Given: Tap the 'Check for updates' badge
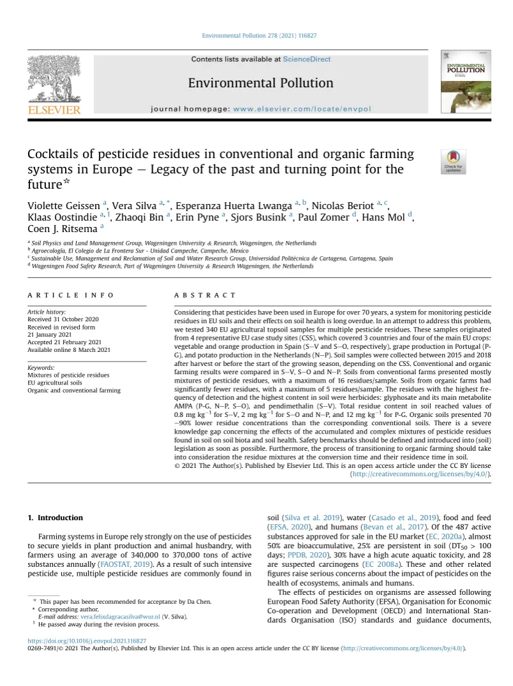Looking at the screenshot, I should click(x=452, y=161).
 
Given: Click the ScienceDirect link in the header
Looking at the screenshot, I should click(x=307, y=59).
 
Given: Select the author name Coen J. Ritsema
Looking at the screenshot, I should click(x=61, y=228).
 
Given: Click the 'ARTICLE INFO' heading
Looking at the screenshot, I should click(x=71, y=295).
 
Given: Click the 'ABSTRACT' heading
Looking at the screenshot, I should click(x=205, y=295).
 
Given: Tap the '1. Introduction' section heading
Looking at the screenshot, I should click(x=56, y=518).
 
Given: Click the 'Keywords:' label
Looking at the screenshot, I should click(x=41, y=368).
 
